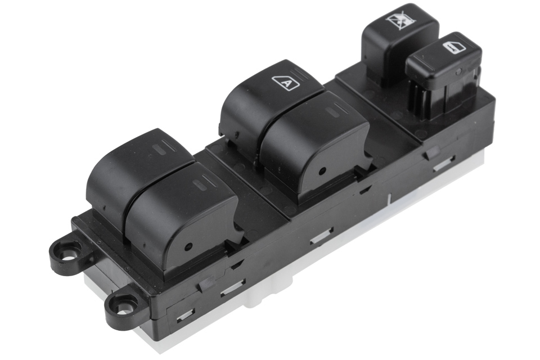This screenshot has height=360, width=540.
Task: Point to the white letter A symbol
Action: click(x=286, y=83)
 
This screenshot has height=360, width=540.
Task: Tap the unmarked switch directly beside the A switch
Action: click(x=315, y=145)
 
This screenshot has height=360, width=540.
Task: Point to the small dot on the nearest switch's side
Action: click(x=188, y=247)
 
